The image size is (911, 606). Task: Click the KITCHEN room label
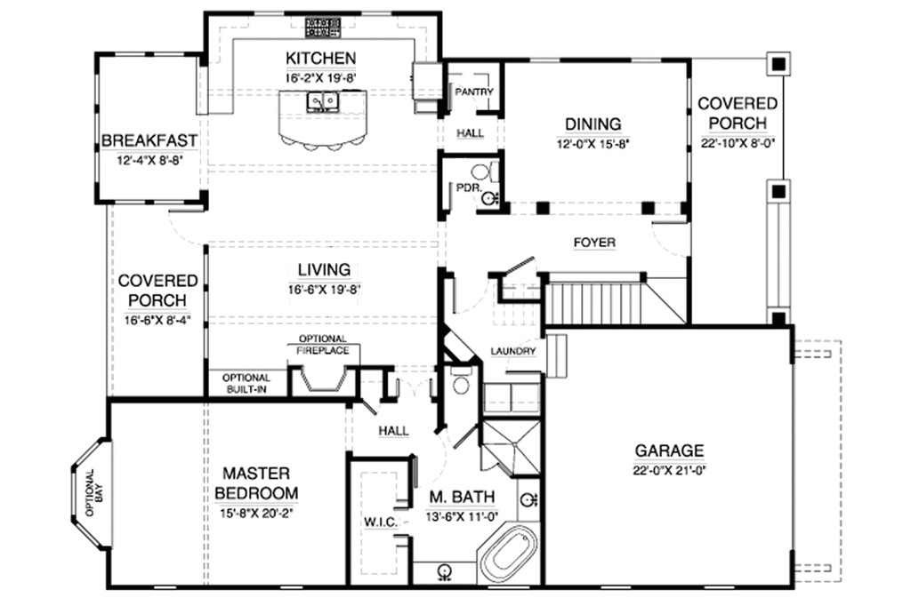coord(320,59)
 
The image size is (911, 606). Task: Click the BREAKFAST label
coord(149,141)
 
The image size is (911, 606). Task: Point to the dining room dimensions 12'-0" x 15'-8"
coord(593,144)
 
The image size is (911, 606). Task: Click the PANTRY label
coord(473,92)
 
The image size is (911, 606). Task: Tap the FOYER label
coord(594,243)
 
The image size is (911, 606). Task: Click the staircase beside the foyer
coord(592,303)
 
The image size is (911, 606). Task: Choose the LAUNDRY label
coord(514,352)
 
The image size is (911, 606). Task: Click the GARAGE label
coord(669,451)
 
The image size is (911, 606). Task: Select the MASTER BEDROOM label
coord(255,483)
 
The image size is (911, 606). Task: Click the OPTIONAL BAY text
coord(94,504)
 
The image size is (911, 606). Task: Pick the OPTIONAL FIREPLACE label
coord(322,345)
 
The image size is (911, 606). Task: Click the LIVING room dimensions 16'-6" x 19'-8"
coord(324,289)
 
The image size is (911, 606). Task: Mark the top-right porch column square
coord(778,64)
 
